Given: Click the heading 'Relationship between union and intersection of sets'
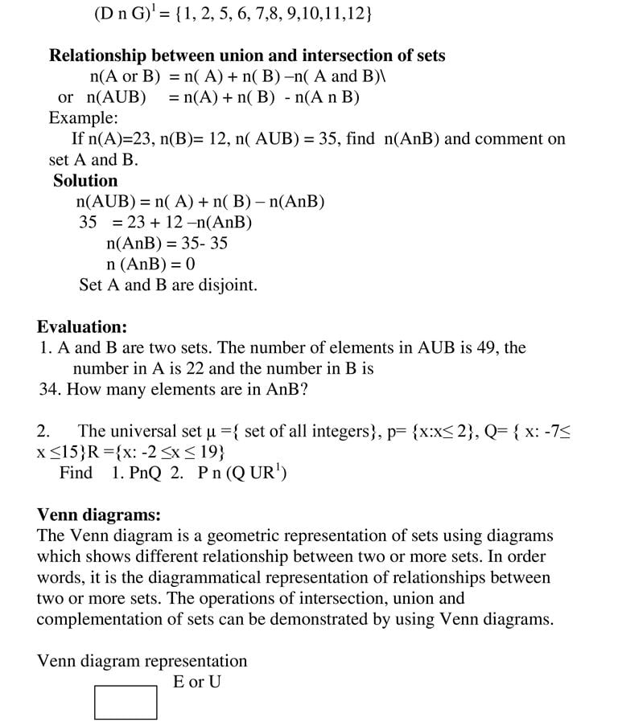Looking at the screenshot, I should pos(247,55).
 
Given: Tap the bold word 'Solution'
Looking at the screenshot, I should pos(85,181).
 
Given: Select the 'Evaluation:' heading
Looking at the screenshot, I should pos(82,327).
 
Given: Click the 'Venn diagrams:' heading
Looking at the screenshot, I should pos(99,515).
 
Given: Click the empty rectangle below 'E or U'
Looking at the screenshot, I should pos(126,702).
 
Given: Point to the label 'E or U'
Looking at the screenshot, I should pos(197,682).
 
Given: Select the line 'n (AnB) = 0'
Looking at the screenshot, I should pos(150,265).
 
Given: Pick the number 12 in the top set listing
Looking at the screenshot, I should pos(359,14).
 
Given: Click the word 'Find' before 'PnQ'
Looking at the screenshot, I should pos(76,473).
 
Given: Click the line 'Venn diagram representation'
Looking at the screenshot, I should pos(142,661).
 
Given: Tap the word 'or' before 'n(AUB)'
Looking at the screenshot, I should pos(66,97).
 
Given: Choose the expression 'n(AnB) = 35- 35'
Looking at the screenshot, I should pos(167,244).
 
